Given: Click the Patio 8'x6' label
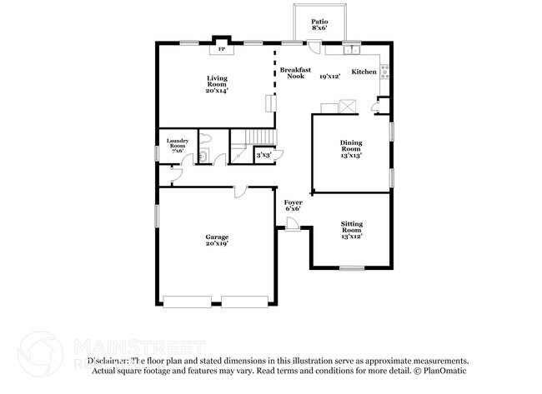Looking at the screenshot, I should [319, 25].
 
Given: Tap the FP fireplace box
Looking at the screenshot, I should [222, 49].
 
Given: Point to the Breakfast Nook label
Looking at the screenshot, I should [294, 72].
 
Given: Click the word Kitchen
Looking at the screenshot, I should [364, 72].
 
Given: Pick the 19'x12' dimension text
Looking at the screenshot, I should [330, 77].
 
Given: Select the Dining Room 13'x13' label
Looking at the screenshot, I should [351, 149].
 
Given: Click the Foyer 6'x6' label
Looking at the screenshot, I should [293, 205].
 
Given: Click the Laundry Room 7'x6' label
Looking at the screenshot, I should [178, 144].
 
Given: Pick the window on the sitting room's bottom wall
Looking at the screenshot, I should [351, 267].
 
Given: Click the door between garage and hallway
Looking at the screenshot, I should [240, 192].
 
